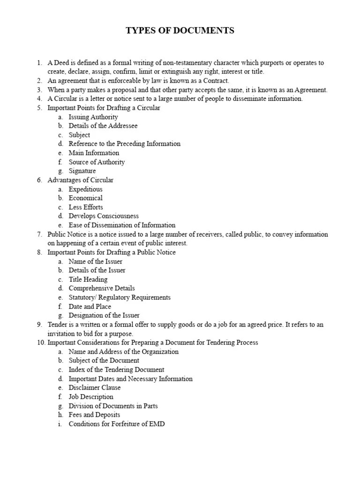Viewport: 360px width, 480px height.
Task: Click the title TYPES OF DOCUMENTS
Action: (x=180, y=31)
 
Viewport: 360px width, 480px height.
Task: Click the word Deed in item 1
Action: (x=61, y=63)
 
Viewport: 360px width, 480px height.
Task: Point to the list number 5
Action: (x=39, y=108)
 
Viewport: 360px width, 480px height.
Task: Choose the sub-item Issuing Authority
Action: (x=93, y=117)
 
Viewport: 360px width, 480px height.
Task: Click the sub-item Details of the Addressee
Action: (x=103, y=126)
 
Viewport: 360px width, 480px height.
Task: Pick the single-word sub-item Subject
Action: (x=79, y=135)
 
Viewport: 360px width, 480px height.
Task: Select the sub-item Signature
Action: (x=82, y=171)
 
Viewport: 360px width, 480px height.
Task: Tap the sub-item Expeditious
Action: (x=85, y=189)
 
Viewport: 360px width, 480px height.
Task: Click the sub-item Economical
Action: (x=85, y=198)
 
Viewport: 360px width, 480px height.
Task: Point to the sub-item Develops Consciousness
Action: (x=104, y=216)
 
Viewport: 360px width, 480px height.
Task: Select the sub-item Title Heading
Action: (x=88, y=279)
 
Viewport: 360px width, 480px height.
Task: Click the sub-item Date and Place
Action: (x=90, y=307)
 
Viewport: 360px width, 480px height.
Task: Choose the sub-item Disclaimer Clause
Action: (x=95, y=388)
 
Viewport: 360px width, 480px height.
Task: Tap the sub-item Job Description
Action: (x=91, y=397)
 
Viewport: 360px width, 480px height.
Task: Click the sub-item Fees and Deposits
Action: (x=94, y=415)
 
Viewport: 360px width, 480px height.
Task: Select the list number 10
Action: (x=40, y=343)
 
